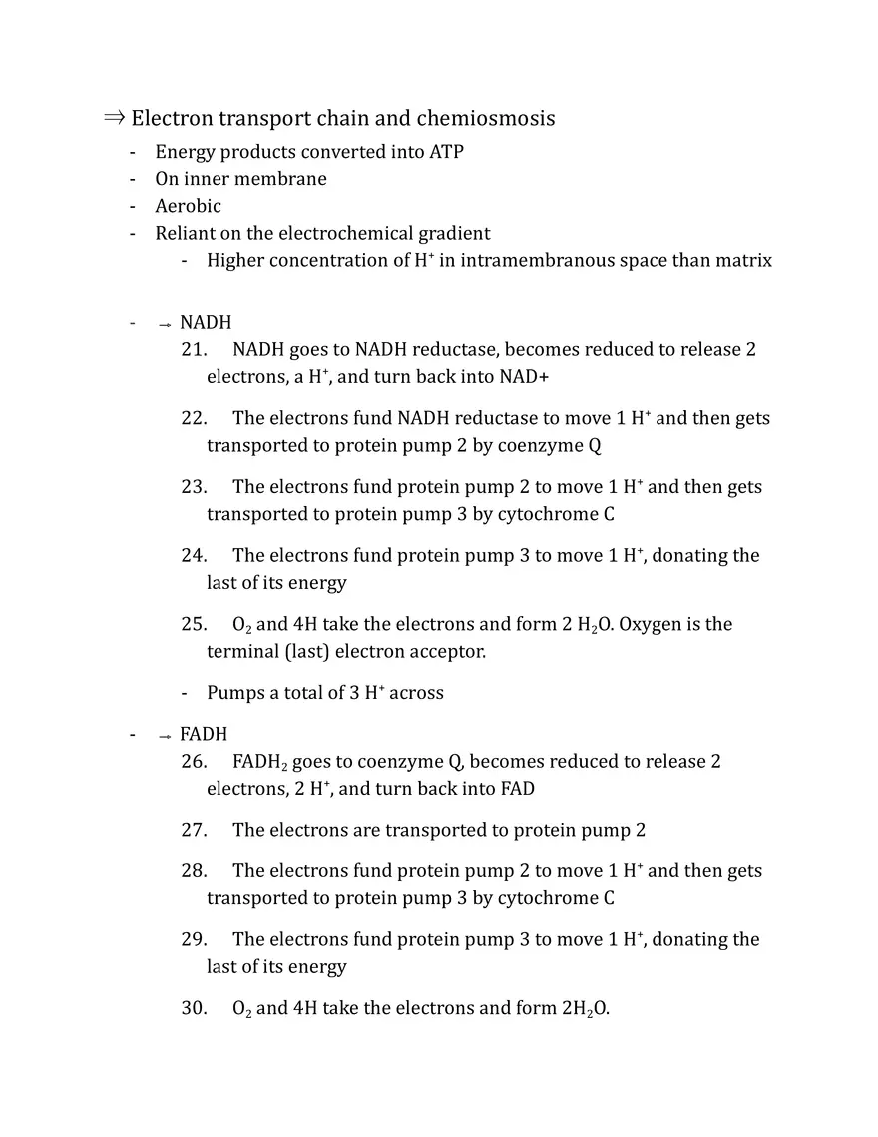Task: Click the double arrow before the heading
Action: click(x=114, y=118)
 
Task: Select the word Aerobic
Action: click(x=188, y=206)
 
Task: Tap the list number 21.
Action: click(x=194, y=350)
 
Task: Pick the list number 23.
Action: click(x=194, y=487)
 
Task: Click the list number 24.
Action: click(x=194, y=555)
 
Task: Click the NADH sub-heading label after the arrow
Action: click(x=206, y=323)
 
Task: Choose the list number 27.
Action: click(x=194, y=830)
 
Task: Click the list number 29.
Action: click(x=194, y=939)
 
